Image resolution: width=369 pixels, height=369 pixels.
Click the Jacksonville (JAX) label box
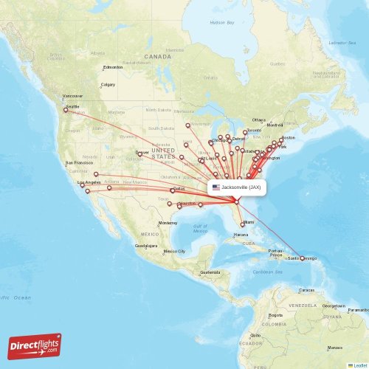click(235, 187)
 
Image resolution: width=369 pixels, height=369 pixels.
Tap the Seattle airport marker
click(66, 110)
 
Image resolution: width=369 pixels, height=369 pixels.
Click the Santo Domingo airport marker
click(302, 258)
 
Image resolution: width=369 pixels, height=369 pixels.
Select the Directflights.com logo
click(35, 345)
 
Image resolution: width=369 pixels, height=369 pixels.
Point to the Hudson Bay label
click(221, 23)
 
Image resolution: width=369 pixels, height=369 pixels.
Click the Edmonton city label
click(113, 67)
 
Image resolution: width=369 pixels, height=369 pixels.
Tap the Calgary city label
click(108, 85)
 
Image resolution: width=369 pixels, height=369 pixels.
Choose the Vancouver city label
click(72, 96)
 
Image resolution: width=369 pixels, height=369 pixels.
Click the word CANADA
click(157, 57)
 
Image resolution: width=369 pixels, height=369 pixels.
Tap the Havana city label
click(241, 235)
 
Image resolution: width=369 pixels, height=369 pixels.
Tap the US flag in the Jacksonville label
click(216, 187)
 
